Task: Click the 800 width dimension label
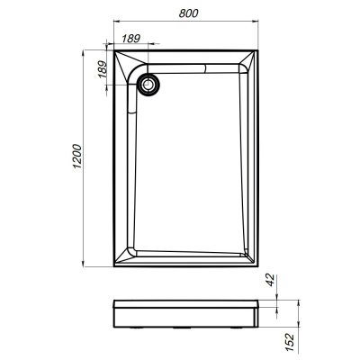(187, 13)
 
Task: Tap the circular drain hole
(148, 84)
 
